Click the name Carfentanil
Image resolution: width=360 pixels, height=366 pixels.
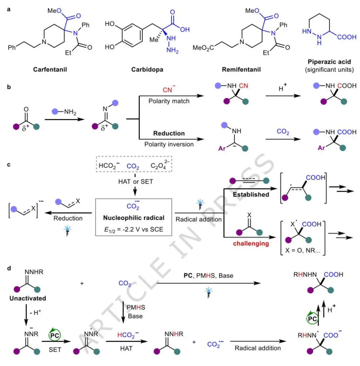(x=50, y=70)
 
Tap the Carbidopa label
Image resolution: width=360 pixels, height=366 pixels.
(x=147, y=70)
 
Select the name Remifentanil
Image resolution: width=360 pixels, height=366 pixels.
(x=241, y=70)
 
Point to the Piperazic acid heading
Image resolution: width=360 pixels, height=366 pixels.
(x=329, y=62)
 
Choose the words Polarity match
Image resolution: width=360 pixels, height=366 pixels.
(x=169, y=101)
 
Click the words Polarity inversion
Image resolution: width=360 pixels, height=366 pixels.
(x=169, y=144)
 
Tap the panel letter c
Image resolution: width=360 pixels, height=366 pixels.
(x=9, y=165)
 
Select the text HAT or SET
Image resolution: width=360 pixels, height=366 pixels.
(x=135, y=182)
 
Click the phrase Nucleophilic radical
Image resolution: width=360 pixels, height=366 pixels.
(x=134, y=218)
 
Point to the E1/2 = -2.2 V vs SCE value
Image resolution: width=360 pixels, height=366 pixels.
(x=134, y=229)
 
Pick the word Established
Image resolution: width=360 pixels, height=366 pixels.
(x=251, y=194)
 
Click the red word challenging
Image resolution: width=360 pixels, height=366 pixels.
(x=251, y=243)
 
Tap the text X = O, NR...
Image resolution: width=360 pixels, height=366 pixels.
(x=303, y=250)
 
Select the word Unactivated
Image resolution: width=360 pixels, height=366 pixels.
(x=28, y=298)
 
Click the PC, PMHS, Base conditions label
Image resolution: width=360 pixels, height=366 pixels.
(x=208, y=276)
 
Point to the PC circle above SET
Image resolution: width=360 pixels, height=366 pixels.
(x=54, y=335)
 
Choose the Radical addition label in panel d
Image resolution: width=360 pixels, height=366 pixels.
(x=258, y=348)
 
